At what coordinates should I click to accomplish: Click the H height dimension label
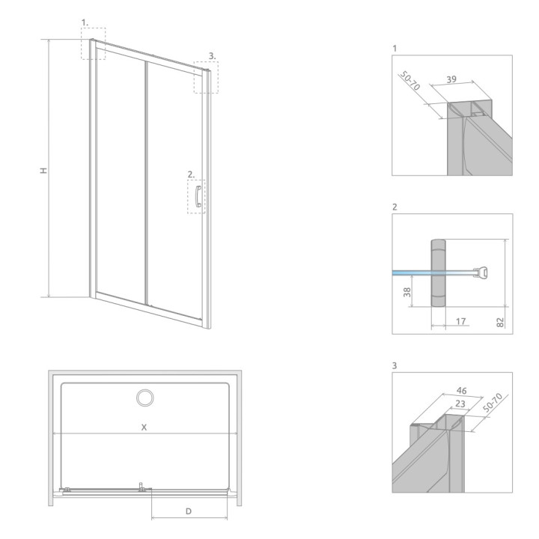43,170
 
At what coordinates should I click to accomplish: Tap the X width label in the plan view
144,427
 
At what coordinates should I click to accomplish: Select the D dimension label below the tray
189,511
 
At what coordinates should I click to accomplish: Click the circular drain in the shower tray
145,398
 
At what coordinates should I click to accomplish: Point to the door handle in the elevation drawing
198,196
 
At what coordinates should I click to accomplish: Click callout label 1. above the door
85,22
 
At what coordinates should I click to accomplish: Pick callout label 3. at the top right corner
213,55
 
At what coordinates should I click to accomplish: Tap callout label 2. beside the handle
191,174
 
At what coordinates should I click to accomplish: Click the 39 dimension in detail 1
451,79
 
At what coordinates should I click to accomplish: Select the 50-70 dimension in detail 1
409,82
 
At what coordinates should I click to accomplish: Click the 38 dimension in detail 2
407,292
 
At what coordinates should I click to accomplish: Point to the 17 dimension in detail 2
460,321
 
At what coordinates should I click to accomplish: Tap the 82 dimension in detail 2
500,322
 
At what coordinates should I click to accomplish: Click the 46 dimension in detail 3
462,391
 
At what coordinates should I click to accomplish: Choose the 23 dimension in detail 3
460,404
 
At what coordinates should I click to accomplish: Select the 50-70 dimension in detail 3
493,403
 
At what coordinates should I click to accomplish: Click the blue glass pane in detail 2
412,273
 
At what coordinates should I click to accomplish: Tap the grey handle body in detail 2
438,272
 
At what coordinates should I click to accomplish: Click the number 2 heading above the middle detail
395,207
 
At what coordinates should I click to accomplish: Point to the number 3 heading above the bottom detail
395,365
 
